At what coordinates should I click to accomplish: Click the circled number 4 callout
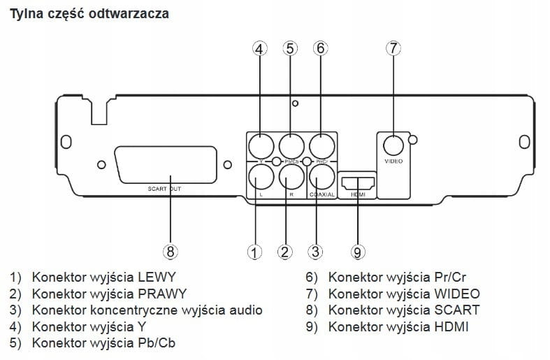260,48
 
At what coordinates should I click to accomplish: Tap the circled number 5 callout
290,48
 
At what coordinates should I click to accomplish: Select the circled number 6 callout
320,48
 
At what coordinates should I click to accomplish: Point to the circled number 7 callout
393,48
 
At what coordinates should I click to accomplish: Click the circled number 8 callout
171,251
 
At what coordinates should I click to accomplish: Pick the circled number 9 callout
357,251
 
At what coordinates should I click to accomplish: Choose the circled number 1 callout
255,251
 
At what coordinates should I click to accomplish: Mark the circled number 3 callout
316,251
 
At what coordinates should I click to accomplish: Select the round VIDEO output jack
393,145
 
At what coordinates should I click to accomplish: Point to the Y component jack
260,146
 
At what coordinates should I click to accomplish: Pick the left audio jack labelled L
260,175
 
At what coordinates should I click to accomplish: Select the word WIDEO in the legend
457,293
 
